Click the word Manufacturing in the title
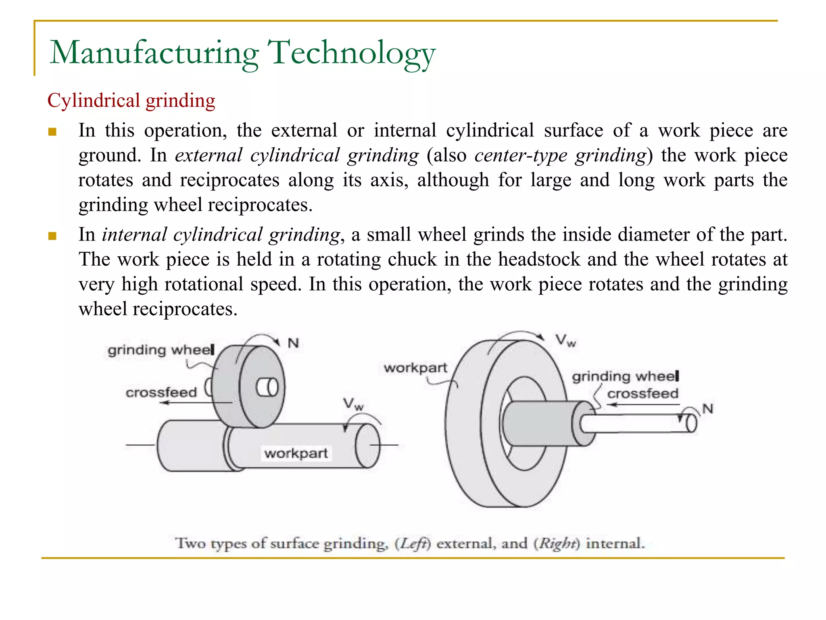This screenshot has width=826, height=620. click(x=154, y=53)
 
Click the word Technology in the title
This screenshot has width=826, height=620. click(x=351, y=53)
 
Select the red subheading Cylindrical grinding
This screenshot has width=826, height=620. click(x=131, y=101)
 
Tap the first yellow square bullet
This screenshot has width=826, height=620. click(x=52, y=132)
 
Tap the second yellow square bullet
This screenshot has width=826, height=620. click(x=52, y=236)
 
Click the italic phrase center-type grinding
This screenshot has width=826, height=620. click(x=560, y=155)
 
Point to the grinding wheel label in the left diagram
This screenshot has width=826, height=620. click(x=161, y=350)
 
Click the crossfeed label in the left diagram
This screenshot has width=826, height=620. click(x=161, y=392)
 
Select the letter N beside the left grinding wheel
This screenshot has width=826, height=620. click(x=293, y=344)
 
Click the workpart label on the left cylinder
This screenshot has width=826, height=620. click(x=296, y=453)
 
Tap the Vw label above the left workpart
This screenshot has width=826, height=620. click(x=353, y=404)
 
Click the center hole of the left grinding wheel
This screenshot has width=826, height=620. click(x=267, y=387)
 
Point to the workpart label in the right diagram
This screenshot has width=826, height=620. click(x=415, y=368)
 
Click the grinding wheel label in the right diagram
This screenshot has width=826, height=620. click(x=625, y=376)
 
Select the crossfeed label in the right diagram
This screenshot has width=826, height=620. click(x=642, y=394)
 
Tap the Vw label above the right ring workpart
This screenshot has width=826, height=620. click(x=565, y=340)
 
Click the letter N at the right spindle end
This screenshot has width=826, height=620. click(x=708, y=409)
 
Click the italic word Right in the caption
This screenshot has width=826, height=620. click(x=557, y=543)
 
